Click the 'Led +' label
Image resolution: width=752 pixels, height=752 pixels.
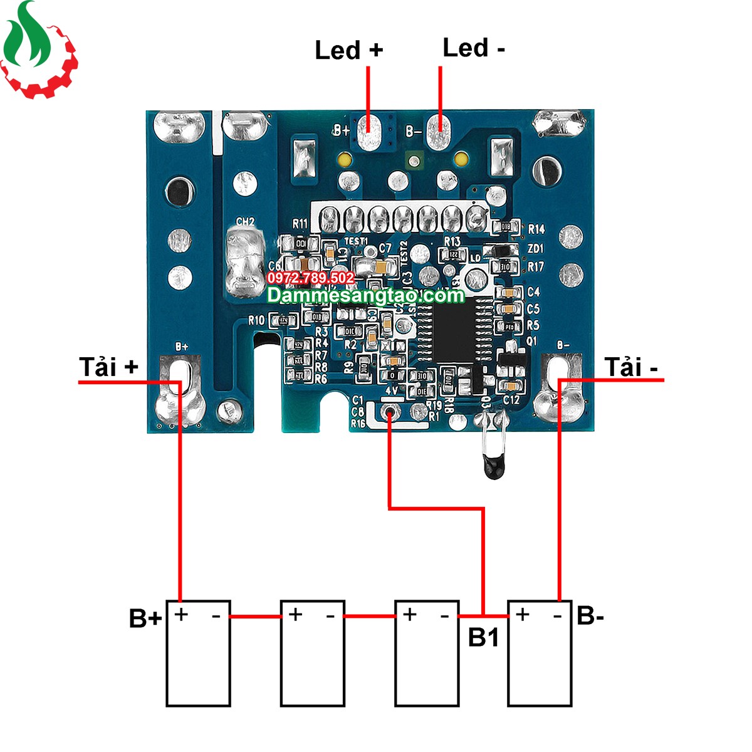(x=348, y=50)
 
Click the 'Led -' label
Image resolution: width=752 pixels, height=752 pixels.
(x=473, y=48)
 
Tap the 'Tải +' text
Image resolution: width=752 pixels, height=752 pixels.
(x=108, y=367)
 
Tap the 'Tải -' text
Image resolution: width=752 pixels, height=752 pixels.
(x=631, y=367)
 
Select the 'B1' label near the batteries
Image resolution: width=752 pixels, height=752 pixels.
(x=484, y=637)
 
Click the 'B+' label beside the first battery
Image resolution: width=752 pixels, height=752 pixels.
(x=145, y=618)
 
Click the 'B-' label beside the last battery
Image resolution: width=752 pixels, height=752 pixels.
(x=590, y=615)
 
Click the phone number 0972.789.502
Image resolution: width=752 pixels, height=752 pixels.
(x=310, y=278)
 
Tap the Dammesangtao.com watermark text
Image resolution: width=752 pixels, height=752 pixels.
(x=365, y=295)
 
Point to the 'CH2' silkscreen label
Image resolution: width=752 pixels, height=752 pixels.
(x=245, y=222)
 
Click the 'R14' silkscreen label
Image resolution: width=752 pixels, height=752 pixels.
(x=536, y=229)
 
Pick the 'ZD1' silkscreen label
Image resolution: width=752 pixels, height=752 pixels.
(x=536, y=249)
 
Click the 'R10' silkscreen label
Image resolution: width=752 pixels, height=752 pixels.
(x=256, y=320)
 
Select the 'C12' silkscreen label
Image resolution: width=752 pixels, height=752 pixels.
(x=511, y=400)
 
